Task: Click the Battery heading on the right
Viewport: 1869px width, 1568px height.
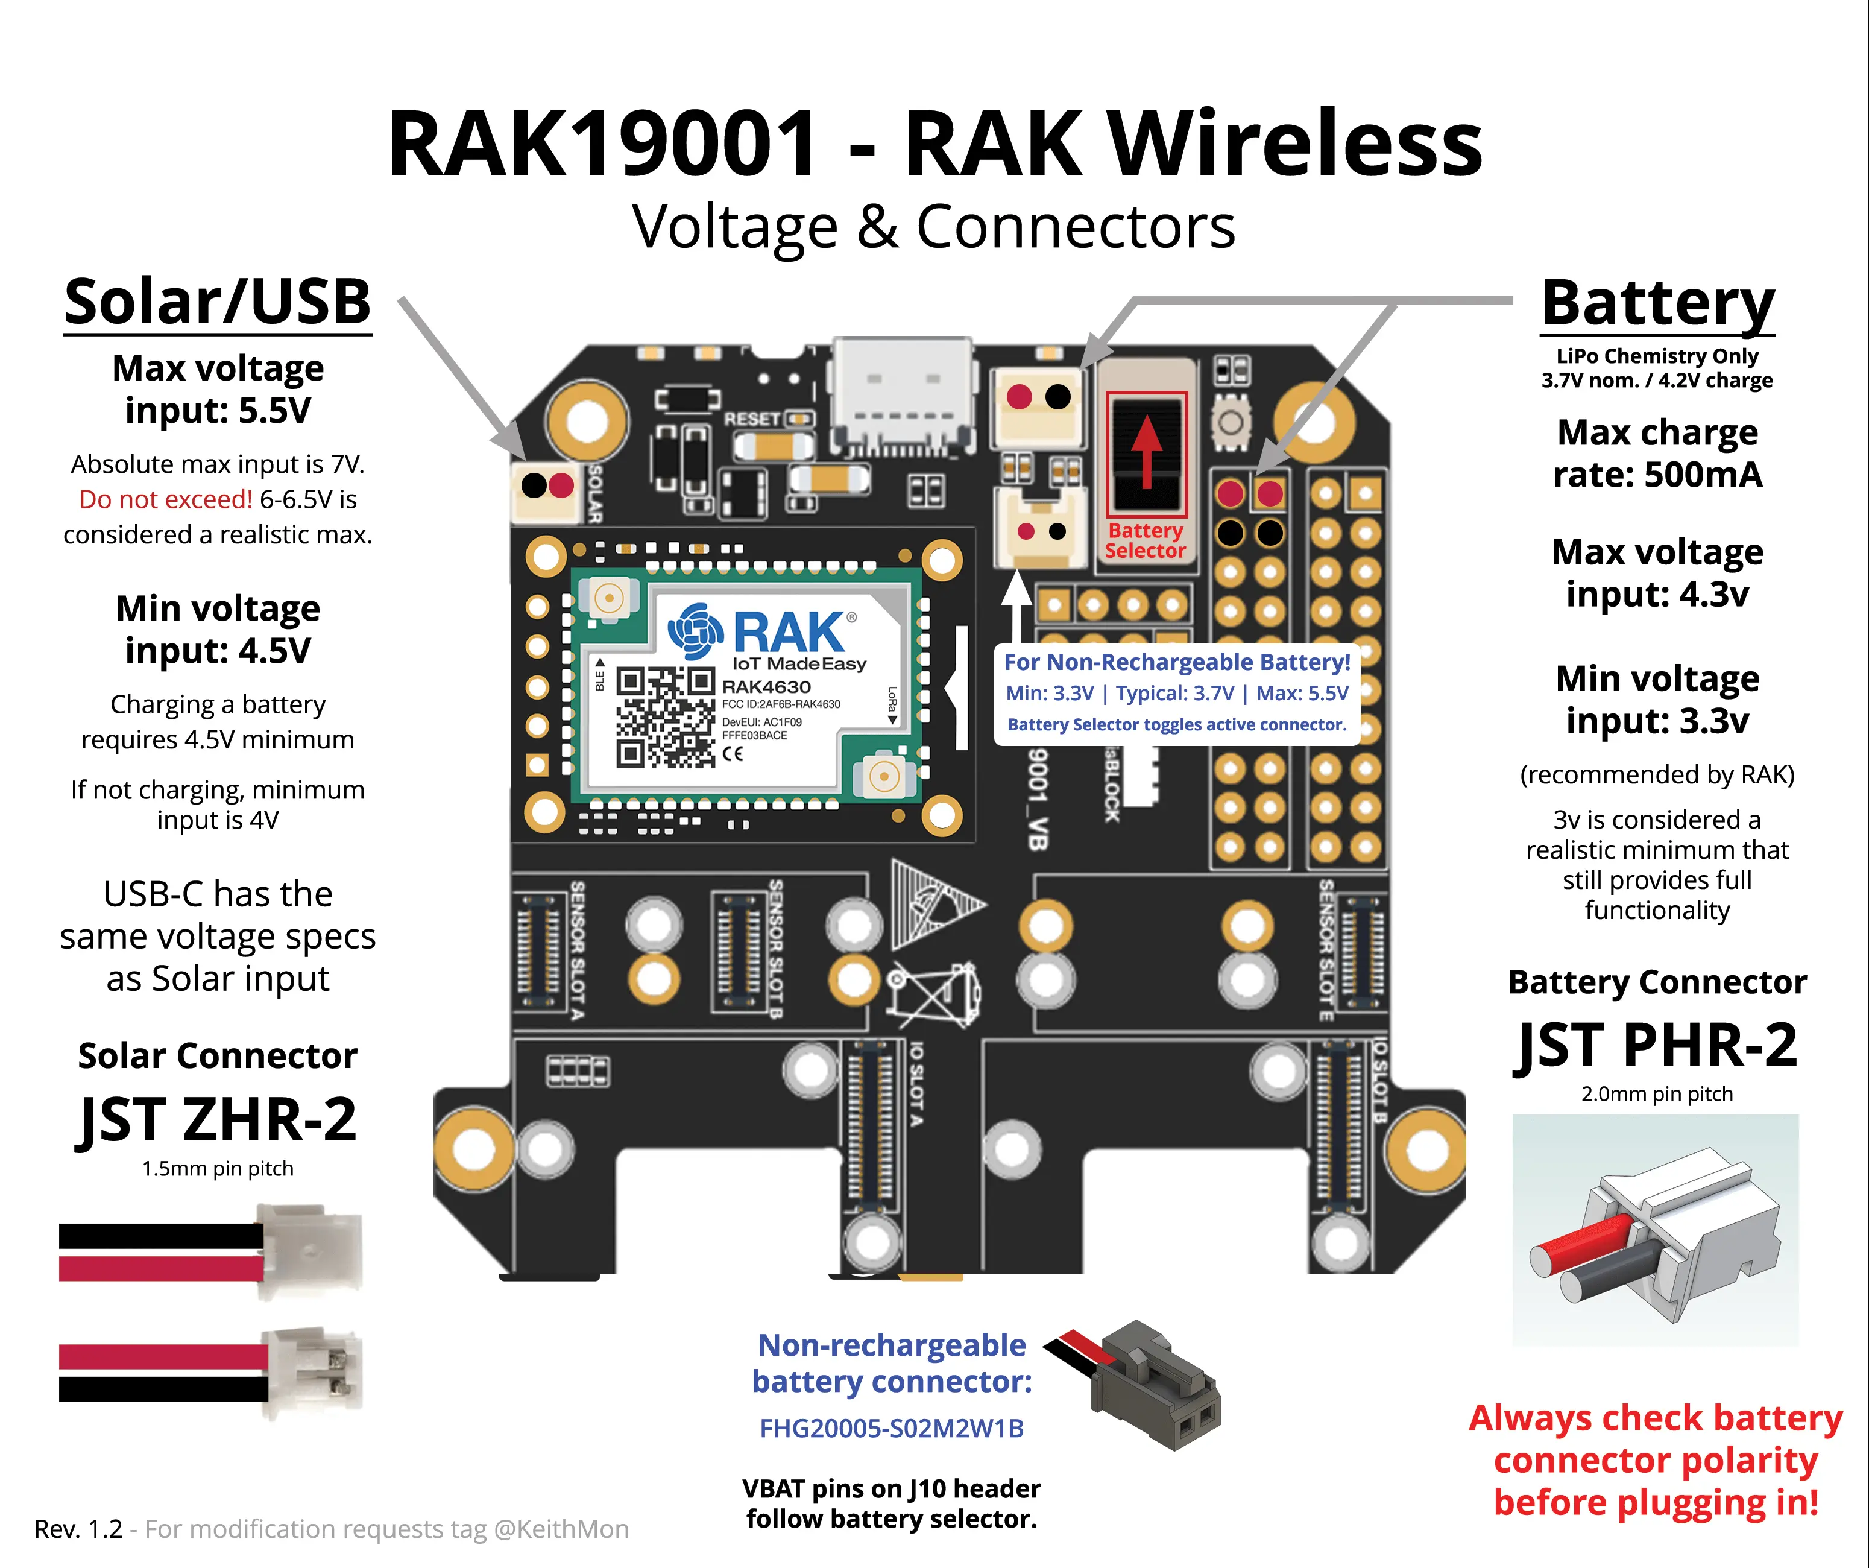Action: point(1657,303)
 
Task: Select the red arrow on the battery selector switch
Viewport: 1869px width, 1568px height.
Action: point(1146,450)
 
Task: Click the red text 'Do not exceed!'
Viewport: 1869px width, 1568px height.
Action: point(166,499)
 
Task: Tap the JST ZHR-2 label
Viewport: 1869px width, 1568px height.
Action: point(217,1119)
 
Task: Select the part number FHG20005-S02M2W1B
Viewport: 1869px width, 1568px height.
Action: point(891,1428)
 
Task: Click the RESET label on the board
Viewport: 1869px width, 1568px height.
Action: point(751,419)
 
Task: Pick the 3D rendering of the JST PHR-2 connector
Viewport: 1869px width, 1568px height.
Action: point(1656,1228)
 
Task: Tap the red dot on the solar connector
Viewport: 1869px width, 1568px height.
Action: point(561,486)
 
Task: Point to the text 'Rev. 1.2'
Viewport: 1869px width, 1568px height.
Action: point(78,1529)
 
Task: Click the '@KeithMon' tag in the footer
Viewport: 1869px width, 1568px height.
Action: point(561,1529)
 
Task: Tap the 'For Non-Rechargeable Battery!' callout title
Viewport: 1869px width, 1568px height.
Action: point(1177,662)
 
